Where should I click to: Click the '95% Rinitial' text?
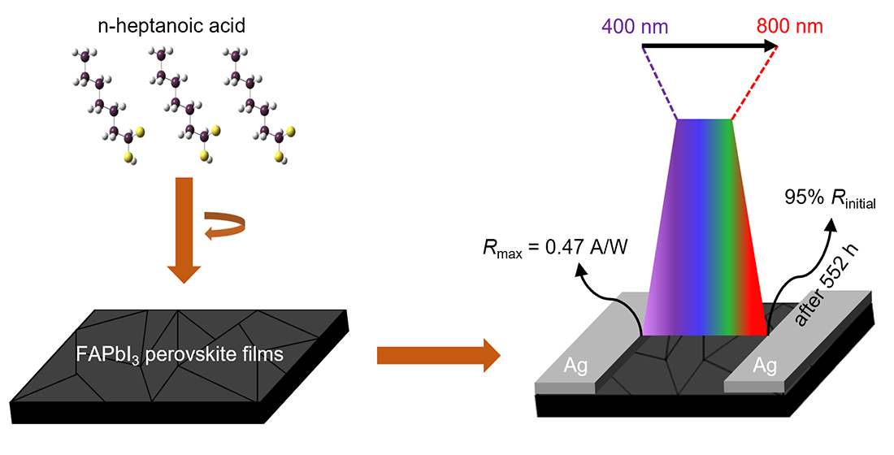[x=829, y=199]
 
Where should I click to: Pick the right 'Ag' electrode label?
[x=765, y=366]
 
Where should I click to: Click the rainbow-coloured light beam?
[x=705, y=236]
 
